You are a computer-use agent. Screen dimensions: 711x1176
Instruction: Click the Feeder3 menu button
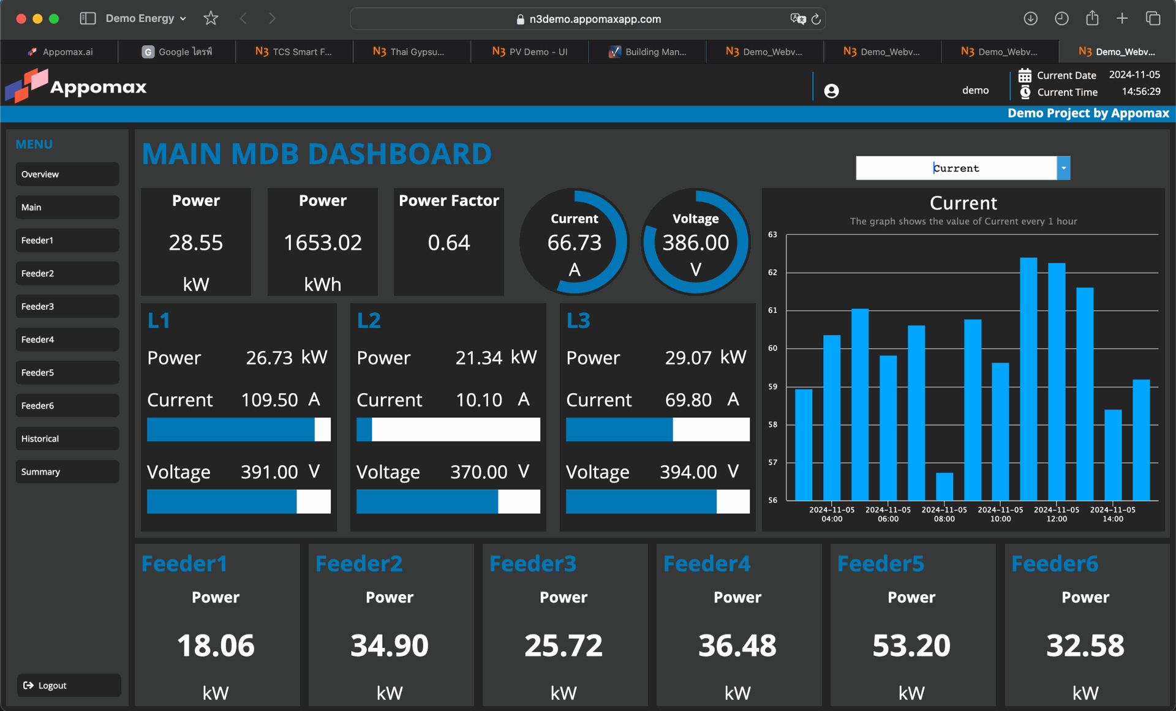pos(67,306)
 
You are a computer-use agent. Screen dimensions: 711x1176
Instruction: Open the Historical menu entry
pos(67,438)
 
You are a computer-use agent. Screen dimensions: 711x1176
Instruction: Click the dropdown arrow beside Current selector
pos(1063,168)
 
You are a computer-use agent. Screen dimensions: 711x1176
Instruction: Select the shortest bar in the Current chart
pos(944,486)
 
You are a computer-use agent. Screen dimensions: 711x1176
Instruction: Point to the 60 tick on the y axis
pos(772,348)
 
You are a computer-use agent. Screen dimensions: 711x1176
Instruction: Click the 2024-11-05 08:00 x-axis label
pos(944,514)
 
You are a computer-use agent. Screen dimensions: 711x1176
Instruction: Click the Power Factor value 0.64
pos(448,243)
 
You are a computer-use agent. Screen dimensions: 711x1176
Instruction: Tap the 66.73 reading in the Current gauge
pos(574,243)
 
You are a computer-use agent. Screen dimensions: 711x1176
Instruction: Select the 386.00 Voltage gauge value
pos(695,243)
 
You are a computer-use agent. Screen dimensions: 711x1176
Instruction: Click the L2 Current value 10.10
pos(478,400)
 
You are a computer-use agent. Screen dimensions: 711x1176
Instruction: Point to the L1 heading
pos(159,320)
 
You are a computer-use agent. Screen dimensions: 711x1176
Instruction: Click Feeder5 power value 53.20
pos(911,645)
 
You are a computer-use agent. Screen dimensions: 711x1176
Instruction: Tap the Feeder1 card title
pos(184,563)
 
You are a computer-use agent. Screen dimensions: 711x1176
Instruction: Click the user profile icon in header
pos(831,91)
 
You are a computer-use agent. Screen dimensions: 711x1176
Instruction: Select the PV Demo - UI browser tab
pos(530,51)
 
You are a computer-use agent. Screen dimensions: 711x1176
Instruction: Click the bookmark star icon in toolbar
pos(211,18)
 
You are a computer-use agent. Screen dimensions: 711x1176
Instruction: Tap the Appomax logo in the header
pos(76,86)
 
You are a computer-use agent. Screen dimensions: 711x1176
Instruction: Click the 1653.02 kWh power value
pos(322,243)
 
